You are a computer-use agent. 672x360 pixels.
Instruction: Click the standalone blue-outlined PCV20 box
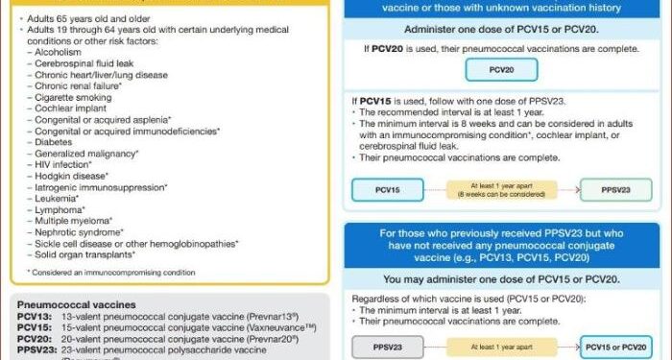[x=496, y=69]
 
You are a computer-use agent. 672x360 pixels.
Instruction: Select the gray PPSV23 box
[x=388, y=345]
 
